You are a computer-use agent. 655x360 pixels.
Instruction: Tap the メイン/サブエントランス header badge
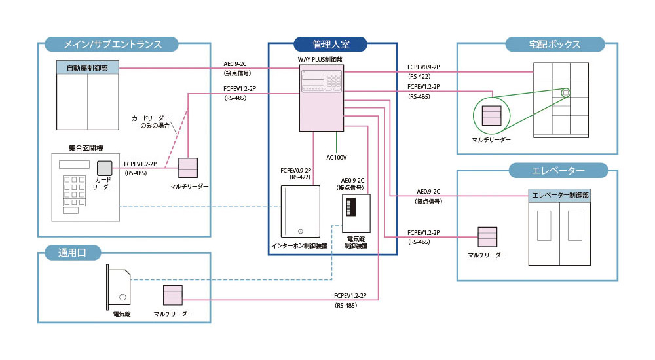coord(112,45)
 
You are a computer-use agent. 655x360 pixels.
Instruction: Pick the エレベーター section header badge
coord(557,171)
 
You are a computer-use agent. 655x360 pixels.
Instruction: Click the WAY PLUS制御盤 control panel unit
coord(320,99)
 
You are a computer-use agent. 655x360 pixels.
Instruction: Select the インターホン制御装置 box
coord(300,211)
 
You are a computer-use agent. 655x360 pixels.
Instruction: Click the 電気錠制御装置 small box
coord(356,213)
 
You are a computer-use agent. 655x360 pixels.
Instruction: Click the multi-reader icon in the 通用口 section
coord(172,296)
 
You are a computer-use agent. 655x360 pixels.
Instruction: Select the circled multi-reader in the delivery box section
coord(491,115)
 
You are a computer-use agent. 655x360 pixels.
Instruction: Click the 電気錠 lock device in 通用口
coord(119,288)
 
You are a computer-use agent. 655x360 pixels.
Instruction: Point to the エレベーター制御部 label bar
coord(560,195)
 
